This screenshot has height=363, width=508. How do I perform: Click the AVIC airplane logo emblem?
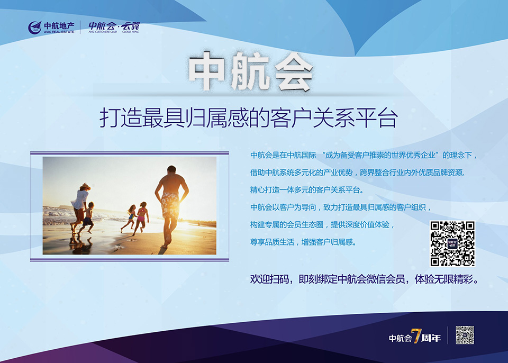pyautogui.click(x=35, y=28)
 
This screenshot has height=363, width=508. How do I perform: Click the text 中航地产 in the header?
pyautogui.click(x=59, y=25)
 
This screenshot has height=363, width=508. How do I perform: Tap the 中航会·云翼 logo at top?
pyautogui.click(x=114, y=27)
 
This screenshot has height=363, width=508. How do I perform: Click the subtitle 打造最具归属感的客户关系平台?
pyautogui.click(x=249, y=119)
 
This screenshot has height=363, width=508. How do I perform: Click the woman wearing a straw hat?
pyautogui.click(x=80, y=207)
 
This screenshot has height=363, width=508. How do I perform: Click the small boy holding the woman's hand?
pyautogui.click(x=87, y=218)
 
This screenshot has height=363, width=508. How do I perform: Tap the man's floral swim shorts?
pyautogui.click(x=170, y=205)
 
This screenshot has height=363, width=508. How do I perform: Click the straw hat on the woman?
pyautogui.click(x=85, y=187)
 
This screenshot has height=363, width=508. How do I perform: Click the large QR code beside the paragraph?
pyautogui.click(x=452, y=243)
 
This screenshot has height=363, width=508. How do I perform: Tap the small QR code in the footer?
pyautogui.click(x=465, y=335)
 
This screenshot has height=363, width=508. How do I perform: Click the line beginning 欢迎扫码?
pyautogui.click(x=365, y=279)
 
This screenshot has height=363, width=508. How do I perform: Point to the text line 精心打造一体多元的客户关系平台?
pyautogui.click(x=306, y=190)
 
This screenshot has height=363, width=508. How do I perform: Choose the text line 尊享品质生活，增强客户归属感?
pyautogui.click(x=303, y=242)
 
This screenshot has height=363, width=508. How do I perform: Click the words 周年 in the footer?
pyautogui.click(x=431, y=338)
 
